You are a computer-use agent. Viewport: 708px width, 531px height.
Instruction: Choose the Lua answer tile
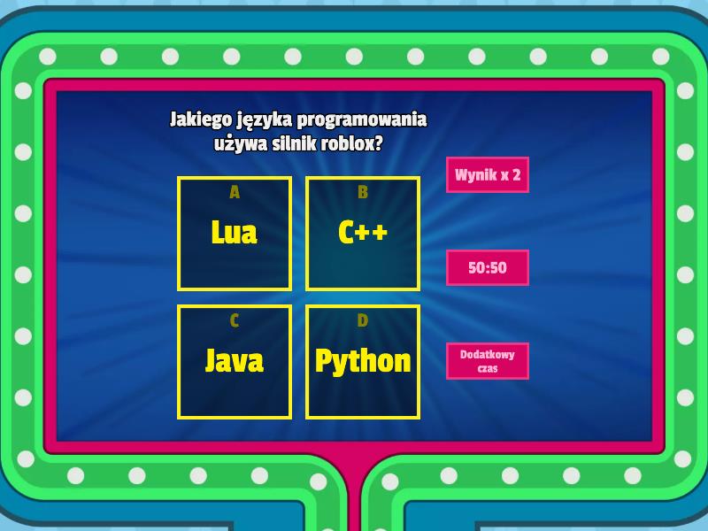coord(235,234)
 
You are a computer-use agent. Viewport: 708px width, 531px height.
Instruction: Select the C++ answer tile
coord(363,234)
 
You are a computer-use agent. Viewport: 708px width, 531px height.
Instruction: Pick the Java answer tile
coord(235,362)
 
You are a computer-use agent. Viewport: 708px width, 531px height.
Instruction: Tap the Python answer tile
coord(363,362)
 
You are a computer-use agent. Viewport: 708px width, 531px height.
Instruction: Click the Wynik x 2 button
coord(488,174)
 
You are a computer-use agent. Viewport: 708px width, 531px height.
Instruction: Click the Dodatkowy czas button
coord(488,361)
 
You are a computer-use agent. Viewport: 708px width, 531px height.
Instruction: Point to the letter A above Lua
coord(235,192)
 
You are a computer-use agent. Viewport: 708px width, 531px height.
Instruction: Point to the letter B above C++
coord(363,192)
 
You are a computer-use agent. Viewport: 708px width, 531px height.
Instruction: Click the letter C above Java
coord(235,320)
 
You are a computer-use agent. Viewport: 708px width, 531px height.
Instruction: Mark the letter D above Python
coord(363,320)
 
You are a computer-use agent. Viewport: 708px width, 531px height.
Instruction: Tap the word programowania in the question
coord(362,120)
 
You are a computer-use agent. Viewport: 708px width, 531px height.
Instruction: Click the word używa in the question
coord(241,144)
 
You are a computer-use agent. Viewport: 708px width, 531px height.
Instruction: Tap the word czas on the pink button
coord(488,368)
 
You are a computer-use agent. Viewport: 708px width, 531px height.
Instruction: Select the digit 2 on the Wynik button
coord(516,174)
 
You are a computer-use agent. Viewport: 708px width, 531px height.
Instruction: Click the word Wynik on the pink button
coord(473,175)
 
